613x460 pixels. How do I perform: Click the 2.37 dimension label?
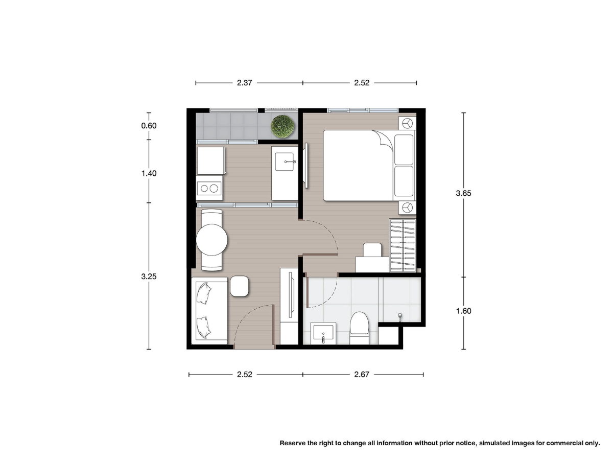click(x=244, y=83)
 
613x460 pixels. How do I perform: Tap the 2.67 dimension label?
click(x=362, y=374)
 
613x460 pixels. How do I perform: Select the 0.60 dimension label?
click(x=149, y=126)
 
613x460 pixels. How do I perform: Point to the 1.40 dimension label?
click(x=149, y=173)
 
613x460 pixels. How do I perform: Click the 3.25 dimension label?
click(x=149, y=277)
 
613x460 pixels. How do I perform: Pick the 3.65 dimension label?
click(x=464, y=193)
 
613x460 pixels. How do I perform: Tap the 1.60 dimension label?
click(x=464, y=311)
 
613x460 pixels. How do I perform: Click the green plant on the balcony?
click(x=283, y=127)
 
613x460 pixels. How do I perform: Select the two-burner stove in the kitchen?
click(x=209, y=188)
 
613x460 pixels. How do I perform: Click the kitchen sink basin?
click(x=285, y=162)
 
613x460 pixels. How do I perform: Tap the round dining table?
click(x=211, y=240)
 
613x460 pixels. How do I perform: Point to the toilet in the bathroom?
click(x=360, y=328)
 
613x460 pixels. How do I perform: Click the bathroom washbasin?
click(x=323, y=334)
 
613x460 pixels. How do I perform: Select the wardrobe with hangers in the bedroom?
click(x=403, y=245)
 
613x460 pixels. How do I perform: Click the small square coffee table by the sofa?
click(x=240, y=286)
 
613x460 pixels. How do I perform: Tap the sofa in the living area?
click(x=209, y=311)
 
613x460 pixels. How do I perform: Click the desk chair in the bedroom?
click(x=372, y=250)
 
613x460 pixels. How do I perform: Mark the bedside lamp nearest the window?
click(x=407, y=123)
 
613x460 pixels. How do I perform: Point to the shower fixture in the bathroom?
click(x=400, y=316)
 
